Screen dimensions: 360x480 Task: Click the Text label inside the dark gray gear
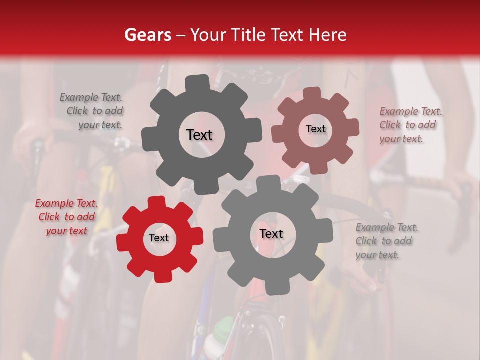[199, 135]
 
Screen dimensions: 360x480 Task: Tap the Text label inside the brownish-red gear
[315, 129]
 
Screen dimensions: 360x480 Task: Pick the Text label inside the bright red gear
[159, 238]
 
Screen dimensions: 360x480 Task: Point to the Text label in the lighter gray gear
[271, 234]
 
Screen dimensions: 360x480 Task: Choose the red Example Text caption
[66, 217]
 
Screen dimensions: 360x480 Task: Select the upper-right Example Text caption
[410, 125]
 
